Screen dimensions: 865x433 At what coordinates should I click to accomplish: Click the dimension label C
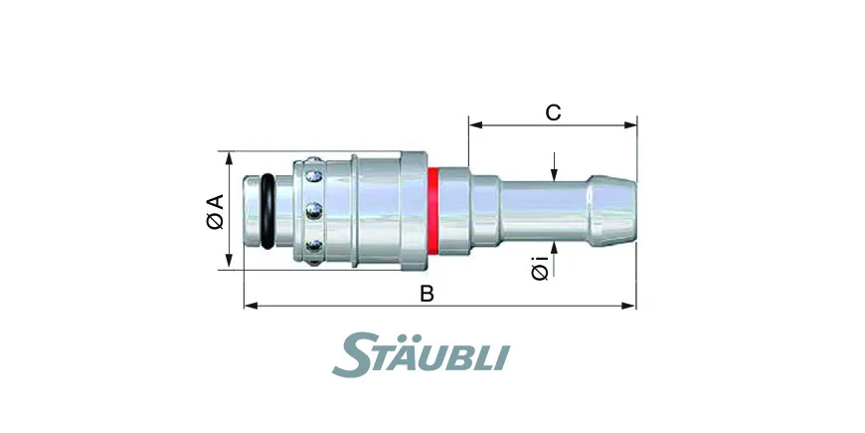[553, 112]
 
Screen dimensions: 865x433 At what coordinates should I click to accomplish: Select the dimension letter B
[427, 294]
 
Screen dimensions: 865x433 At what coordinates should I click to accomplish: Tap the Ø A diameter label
[215, 211]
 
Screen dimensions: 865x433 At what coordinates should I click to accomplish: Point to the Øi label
[541, 268]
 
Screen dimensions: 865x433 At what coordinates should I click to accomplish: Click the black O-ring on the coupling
[267, 211]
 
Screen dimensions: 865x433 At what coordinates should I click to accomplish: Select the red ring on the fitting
[433, 212]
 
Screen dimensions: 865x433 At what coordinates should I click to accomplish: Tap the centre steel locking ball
[314, 210]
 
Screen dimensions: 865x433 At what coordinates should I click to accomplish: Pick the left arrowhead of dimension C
[475, 125]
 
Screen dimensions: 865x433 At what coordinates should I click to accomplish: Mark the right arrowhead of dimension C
[630, 125]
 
